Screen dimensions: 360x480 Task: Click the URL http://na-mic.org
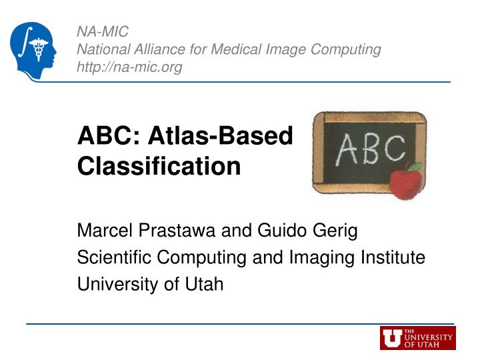(x=130, y=67)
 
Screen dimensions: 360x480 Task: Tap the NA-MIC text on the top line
(x=103, y=31)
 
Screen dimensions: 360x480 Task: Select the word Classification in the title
(x=159, y=166)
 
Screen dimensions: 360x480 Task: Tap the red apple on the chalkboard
(x=405, y=181)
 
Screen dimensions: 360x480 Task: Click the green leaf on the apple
(x=415, y=167)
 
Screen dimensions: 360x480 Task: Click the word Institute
(x=394, y=258)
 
